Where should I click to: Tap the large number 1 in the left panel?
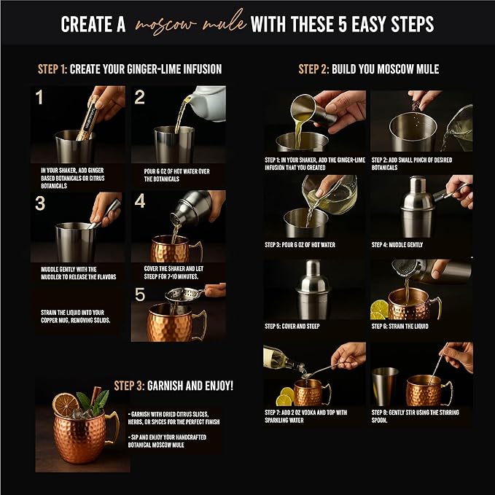point(39,97)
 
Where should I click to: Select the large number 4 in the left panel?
point(140,201)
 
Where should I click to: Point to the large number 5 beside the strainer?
point(140,295)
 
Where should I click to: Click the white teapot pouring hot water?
point(207,103)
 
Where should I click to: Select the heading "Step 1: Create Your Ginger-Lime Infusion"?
point(130,69)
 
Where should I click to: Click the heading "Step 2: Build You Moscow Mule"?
point(368,69)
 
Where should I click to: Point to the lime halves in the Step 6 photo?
point(379,309)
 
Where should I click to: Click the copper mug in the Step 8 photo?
point(424,390)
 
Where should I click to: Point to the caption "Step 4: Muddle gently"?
point(397,244)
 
